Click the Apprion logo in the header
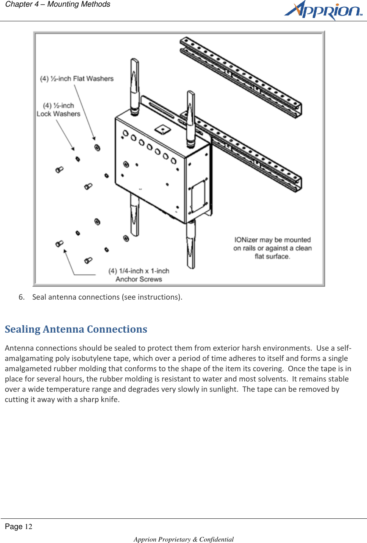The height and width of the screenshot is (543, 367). tap(323, 10)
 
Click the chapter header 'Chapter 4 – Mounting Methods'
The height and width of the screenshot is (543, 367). tap(58, 4)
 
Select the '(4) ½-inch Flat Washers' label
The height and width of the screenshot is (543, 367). tap(77, 79)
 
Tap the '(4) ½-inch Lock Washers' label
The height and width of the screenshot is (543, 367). tap(58, 110)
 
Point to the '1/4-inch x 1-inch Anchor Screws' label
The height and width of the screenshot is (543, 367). tap(139, 275)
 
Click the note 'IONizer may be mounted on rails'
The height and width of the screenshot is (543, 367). tap(272, 248)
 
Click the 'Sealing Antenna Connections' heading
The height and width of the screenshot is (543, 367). tap(76, 329)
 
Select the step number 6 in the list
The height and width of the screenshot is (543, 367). tap(21, 297)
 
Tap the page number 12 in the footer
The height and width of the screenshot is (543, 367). tap(28, 527)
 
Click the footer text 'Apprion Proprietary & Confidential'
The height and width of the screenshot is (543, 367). tap(184, 539)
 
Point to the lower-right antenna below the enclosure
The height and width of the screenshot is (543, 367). tap(190, 244)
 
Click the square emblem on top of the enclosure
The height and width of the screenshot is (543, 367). tap(162, 129)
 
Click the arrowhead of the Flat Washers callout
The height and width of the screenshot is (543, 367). tap(94, 138)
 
